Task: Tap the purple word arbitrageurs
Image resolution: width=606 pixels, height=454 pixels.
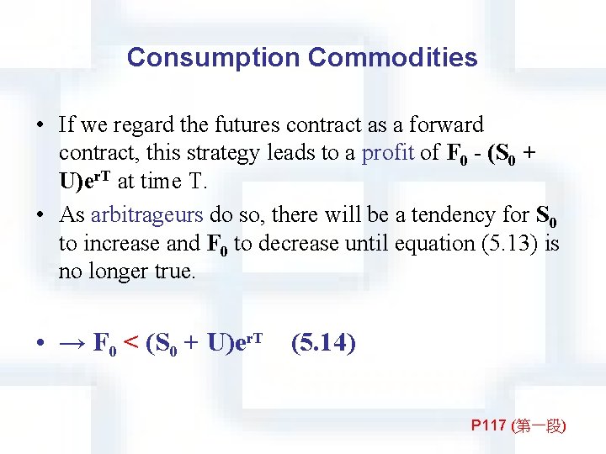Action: click(x=146, y=214)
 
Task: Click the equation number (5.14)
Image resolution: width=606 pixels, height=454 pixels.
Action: click(x=323, y=343)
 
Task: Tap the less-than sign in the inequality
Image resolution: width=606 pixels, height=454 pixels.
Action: click(x=131, y=343)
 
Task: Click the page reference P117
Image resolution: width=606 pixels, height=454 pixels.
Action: click(x=487, y=426)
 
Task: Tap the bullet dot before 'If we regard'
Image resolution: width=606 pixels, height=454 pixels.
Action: click(x=40, y=126)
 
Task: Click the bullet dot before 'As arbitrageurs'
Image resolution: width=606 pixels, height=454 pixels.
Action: click(x=40, y=215)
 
